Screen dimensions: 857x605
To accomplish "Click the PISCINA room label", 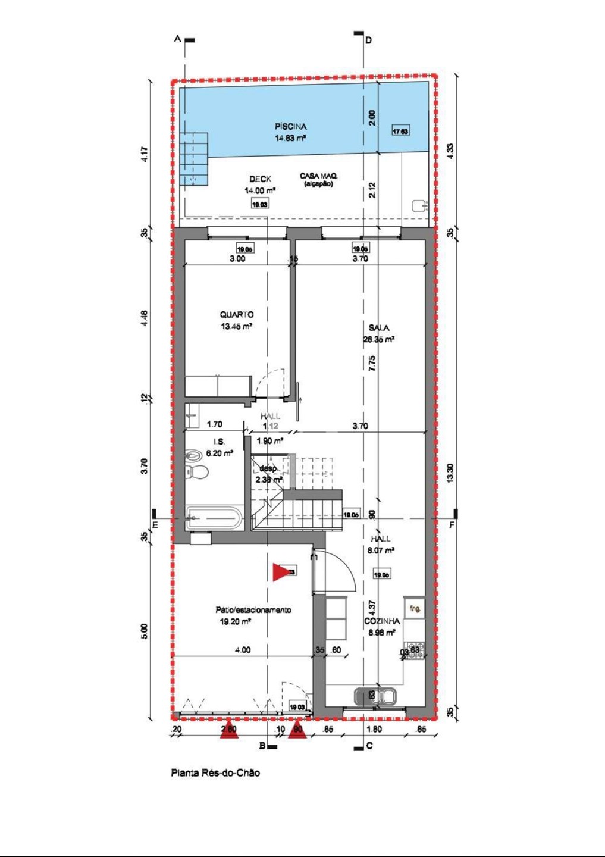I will (x=290, y=127).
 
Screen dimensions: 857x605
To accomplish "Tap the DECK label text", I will (x=260, y=179).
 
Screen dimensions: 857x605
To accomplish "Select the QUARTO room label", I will (x=237, y=315).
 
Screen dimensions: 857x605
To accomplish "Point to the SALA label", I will (x=379, y=328).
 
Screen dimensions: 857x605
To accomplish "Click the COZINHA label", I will (x=382, y=621).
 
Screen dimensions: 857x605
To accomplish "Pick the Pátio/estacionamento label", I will (x=253, y=610).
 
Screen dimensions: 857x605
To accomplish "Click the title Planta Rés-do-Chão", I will (x=215, y=773).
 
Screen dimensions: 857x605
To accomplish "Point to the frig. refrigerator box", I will (x=415, y=609).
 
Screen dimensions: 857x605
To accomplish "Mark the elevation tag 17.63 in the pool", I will (x=400, y=132).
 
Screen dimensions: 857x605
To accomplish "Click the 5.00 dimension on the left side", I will (x=145, y=631).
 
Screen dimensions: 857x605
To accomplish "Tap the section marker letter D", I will (x=368, y=40).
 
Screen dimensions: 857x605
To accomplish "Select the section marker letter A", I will (x=177, y=39).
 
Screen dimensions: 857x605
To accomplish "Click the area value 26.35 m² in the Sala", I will (x=379, y=340).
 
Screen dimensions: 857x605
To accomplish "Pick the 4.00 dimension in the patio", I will (x=243, y=650).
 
